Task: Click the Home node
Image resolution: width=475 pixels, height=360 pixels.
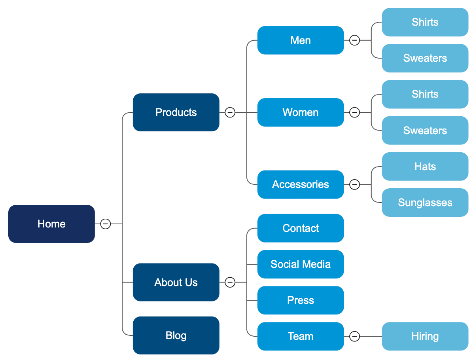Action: point(51,224)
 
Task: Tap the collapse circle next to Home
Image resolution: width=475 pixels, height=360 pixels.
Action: point(105,224)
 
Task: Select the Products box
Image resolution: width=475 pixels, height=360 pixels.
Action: point(176,112)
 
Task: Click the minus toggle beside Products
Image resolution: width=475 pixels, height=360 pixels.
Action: point(230,112)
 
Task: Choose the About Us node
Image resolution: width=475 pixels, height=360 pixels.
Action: point(176,282)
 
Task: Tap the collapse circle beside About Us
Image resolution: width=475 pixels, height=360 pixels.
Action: point(230,282)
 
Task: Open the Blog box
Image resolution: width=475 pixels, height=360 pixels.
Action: point(176,335)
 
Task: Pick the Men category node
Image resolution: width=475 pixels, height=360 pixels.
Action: point(301,40)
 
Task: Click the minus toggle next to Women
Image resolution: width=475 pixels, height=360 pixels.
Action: point(355,112)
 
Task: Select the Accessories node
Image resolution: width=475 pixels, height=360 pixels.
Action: point(301,184)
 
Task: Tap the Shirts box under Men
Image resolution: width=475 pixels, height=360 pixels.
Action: point(425,22)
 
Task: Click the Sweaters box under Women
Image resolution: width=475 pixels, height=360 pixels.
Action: point(425,131)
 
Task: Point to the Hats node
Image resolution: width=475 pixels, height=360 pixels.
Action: point(425,167)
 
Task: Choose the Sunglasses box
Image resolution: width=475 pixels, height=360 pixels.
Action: point(425,203)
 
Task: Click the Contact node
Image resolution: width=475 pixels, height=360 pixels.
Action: point(301,228)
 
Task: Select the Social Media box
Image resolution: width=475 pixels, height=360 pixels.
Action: point(301,264)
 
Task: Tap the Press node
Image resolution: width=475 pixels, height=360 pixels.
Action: point(301,300)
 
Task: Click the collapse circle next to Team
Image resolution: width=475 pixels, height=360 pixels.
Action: point(355,336)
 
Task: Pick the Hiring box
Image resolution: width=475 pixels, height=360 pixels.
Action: point(425,336)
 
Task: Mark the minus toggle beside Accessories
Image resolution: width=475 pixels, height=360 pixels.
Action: point(355,184)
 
